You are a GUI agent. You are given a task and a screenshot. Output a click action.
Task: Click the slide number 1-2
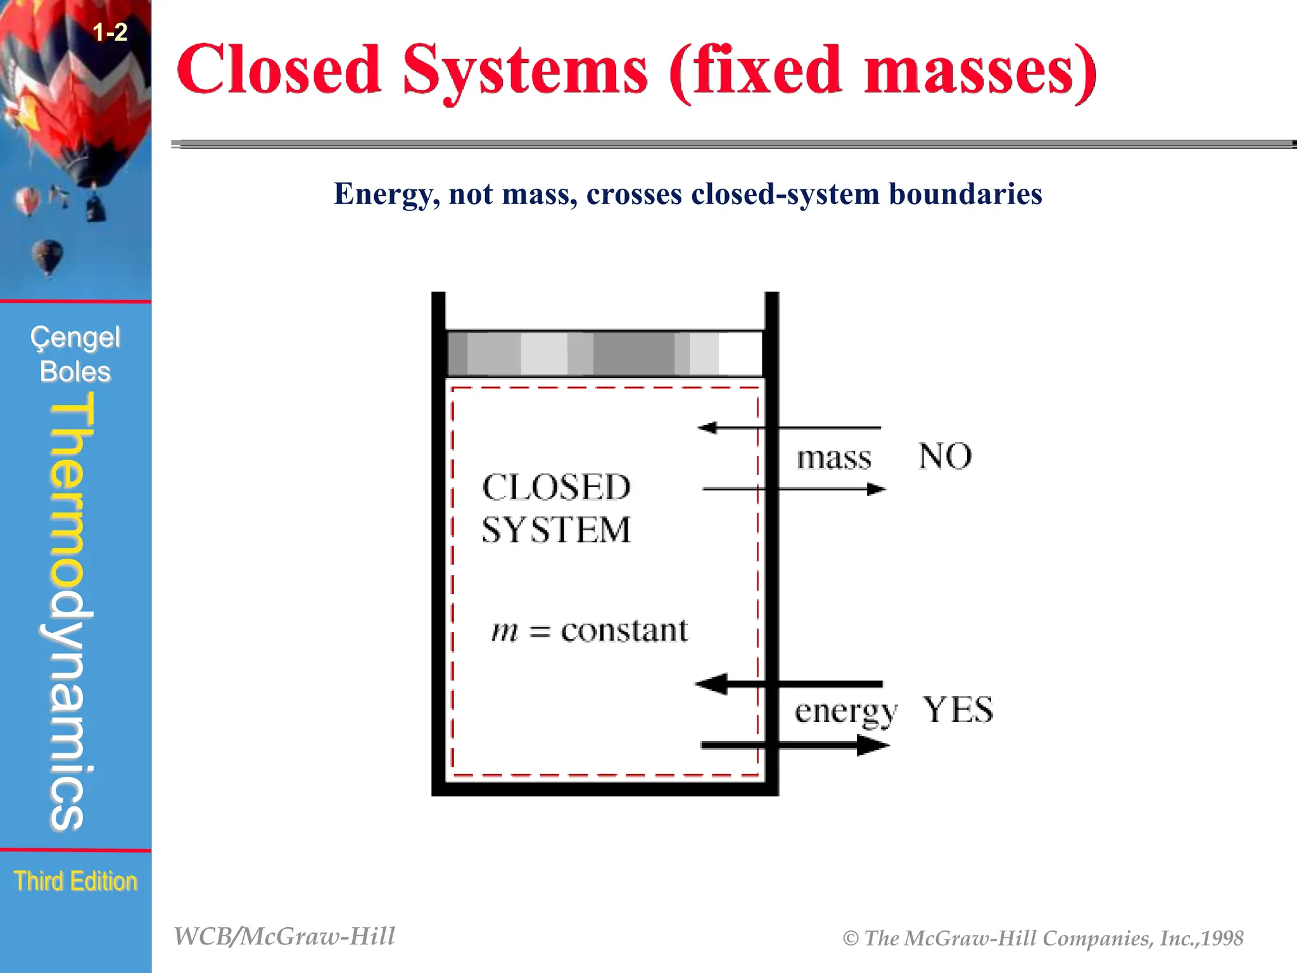[x=110, y=32]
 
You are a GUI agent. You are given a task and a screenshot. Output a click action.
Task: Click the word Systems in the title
[x=525, y=71]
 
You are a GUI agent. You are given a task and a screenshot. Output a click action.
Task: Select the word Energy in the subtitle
[x=383, y=194]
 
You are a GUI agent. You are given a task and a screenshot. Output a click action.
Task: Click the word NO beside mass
[x=945, y=456]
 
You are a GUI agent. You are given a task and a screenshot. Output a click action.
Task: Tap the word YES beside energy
[x=958, y=709]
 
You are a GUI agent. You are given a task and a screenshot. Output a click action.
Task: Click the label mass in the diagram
[x=833, y=457]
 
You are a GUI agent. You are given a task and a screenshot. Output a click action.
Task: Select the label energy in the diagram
[x=845, y=712]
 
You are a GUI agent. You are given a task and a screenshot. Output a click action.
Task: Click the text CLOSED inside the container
[x=556, y=488]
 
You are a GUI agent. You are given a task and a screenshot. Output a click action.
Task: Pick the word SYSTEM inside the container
[x=556, y=530]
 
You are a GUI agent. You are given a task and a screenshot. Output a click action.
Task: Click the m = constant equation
[x=589, y=631]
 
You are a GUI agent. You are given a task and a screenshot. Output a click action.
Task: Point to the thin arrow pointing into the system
[x=788, y=428]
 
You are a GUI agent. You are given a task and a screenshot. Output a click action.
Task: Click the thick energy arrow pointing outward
[x=795, y=746]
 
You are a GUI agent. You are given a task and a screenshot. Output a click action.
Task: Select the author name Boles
[x=75, y=372]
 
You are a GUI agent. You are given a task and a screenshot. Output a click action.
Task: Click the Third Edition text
[x=75, y=881]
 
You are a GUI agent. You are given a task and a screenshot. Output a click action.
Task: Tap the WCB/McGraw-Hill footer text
[x=284, y=936]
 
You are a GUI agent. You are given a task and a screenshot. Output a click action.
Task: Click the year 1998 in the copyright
[x=1222, y=938]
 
